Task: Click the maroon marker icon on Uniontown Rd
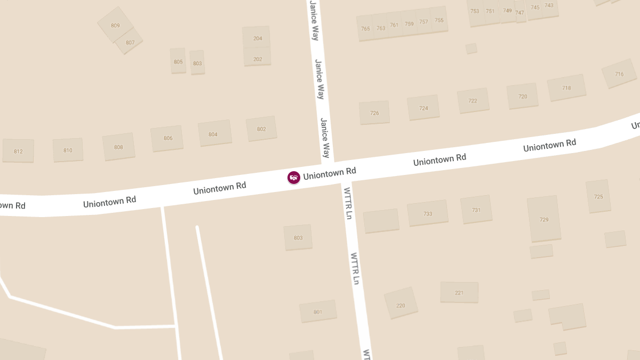coord(293,178)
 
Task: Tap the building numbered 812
coord(18,151)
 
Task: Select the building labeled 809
coord(115,25)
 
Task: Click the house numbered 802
coord(261,129)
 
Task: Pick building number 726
coord(374,113)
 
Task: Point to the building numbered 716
coord(619,74)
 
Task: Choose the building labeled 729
coord(544,219)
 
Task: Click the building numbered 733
coord(428,213)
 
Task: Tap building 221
coord(459,292)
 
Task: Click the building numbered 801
coord(318,311)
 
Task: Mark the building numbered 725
coord(598,196)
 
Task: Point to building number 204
coord(258,38)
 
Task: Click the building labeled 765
coord(365,29)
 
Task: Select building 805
coord(178,61)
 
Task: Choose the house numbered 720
coord(523,96)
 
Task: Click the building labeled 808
coord(118,147)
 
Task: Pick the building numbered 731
coord(476,210)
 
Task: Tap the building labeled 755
coord(439,20)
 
